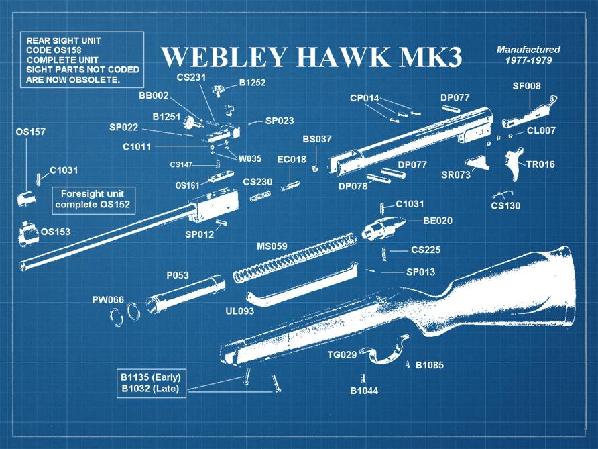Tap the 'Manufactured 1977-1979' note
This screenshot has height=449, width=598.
coord(528,55)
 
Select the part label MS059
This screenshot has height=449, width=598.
coord(272,246)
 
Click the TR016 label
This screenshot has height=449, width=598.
coord(540,164)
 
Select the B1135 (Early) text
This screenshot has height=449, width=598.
coord(151,376)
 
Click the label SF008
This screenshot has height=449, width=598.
coord(526,86)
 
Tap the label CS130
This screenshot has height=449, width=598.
coord(505,206)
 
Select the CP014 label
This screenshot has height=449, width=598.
coord(364,99)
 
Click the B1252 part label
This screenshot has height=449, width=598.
coord(252,83)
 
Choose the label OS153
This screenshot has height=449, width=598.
coord(55,232)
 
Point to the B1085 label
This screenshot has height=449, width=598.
coord(429,365)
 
